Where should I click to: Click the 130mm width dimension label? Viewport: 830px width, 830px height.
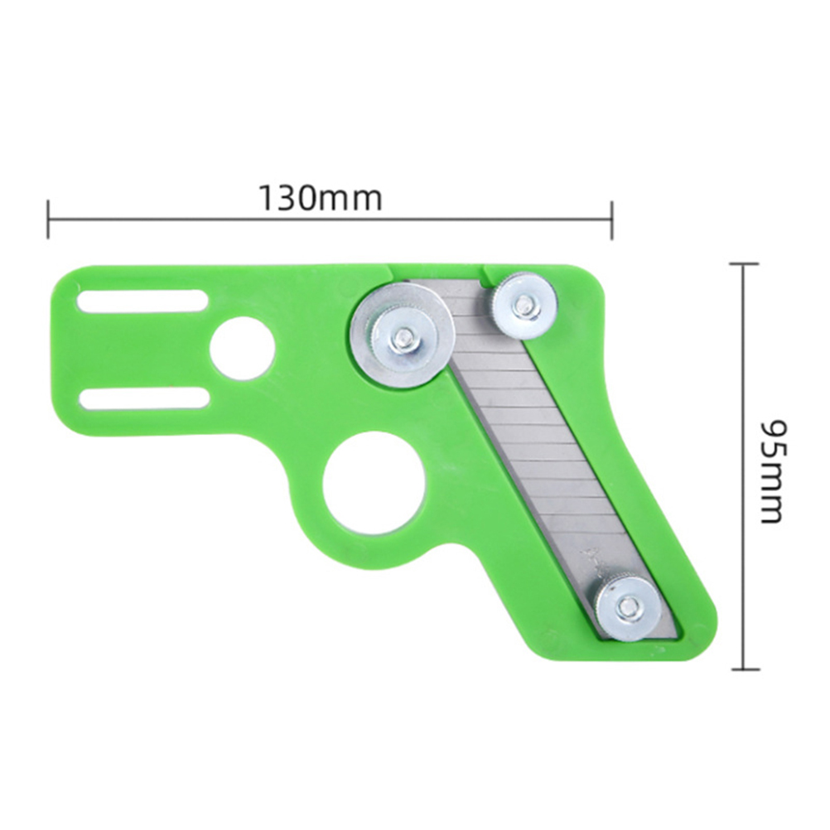point(320,199)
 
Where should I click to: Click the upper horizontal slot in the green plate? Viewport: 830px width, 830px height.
point(142,302)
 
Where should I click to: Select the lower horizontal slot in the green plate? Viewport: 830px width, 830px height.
point(144,398)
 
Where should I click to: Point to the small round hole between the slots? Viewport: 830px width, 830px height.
point(243,348)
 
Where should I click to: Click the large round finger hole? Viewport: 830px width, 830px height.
point(374,478)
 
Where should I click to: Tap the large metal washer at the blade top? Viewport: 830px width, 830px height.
point(401,336)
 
